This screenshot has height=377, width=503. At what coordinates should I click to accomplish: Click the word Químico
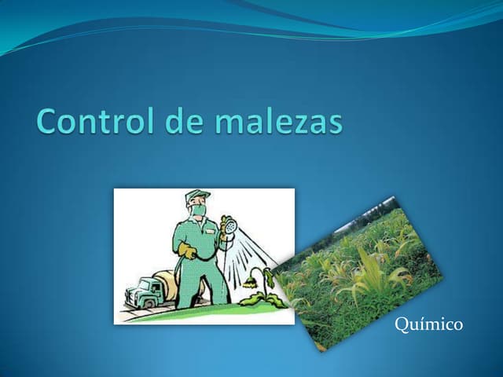coord(428,324)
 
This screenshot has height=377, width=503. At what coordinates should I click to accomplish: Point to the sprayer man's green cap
coord(197,196)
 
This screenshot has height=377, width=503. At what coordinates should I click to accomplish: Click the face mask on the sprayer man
coord(199,210)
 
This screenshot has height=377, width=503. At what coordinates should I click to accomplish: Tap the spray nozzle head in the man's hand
coord(227,224)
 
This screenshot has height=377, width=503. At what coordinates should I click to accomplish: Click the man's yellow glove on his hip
coord(187,251)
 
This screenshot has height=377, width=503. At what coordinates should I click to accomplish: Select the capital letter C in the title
coord(49,123)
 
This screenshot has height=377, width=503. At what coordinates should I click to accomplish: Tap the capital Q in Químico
coord(401,324)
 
